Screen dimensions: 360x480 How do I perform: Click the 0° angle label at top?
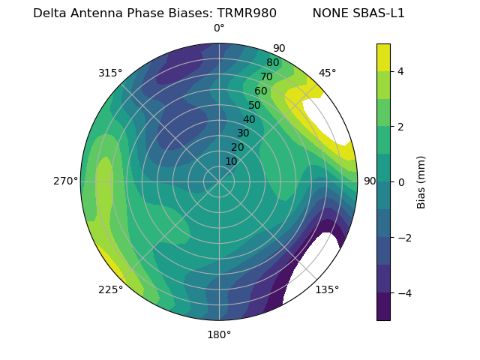(x=219, y=28)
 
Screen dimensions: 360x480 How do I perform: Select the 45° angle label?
(x=327, y=73)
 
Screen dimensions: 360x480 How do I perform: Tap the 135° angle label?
(x=327, y=289)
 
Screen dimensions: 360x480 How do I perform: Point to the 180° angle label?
(x=219, y=334)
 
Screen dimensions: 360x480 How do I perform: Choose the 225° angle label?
(x=110, y=289)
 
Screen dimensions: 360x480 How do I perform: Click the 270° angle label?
(x=65, y=181)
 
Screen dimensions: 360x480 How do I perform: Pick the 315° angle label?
(x=110, y=73)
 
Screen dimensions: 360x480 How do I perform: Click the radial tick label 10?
(x=231, y=161)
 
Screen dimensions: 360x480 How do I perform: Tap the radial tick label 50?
(x=254, y=105)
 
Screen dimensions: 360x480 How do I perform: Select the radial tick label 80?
(x=272, y=63)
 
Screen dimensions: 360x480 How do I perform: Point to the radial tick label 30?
(x=243, y=133)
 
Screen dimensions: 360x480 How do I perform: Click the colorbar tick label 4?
(x=401, y=71)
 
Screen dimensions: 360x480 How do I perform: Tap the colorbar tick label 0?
(x=401, y=181)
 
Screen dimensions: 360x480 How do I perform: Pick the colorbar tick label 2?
(x=401, y=127)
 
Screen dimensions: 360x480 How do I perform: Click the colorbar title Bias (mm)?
(x=421, y=181)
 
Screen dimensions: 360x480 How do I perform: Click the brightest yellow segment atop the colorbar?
(x=383, y=57)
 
